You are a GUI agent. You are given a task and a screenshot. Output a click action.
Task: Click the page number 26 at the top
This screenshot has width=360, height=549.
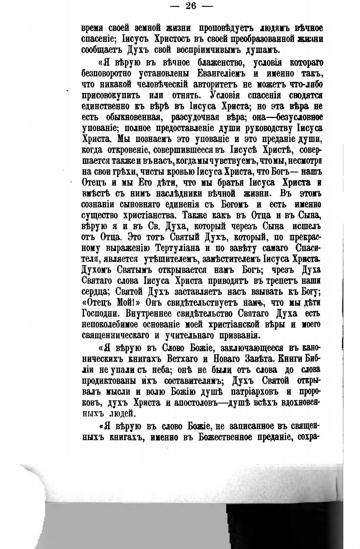(x=191, y=6)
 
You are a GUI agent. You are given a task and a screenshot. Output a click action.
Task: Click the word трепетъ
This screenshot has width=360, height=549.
(x=269, y=280)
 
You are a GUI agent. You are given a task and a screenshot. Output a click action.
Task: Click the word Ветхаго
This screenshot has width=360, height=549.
(x=173, y=359)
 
